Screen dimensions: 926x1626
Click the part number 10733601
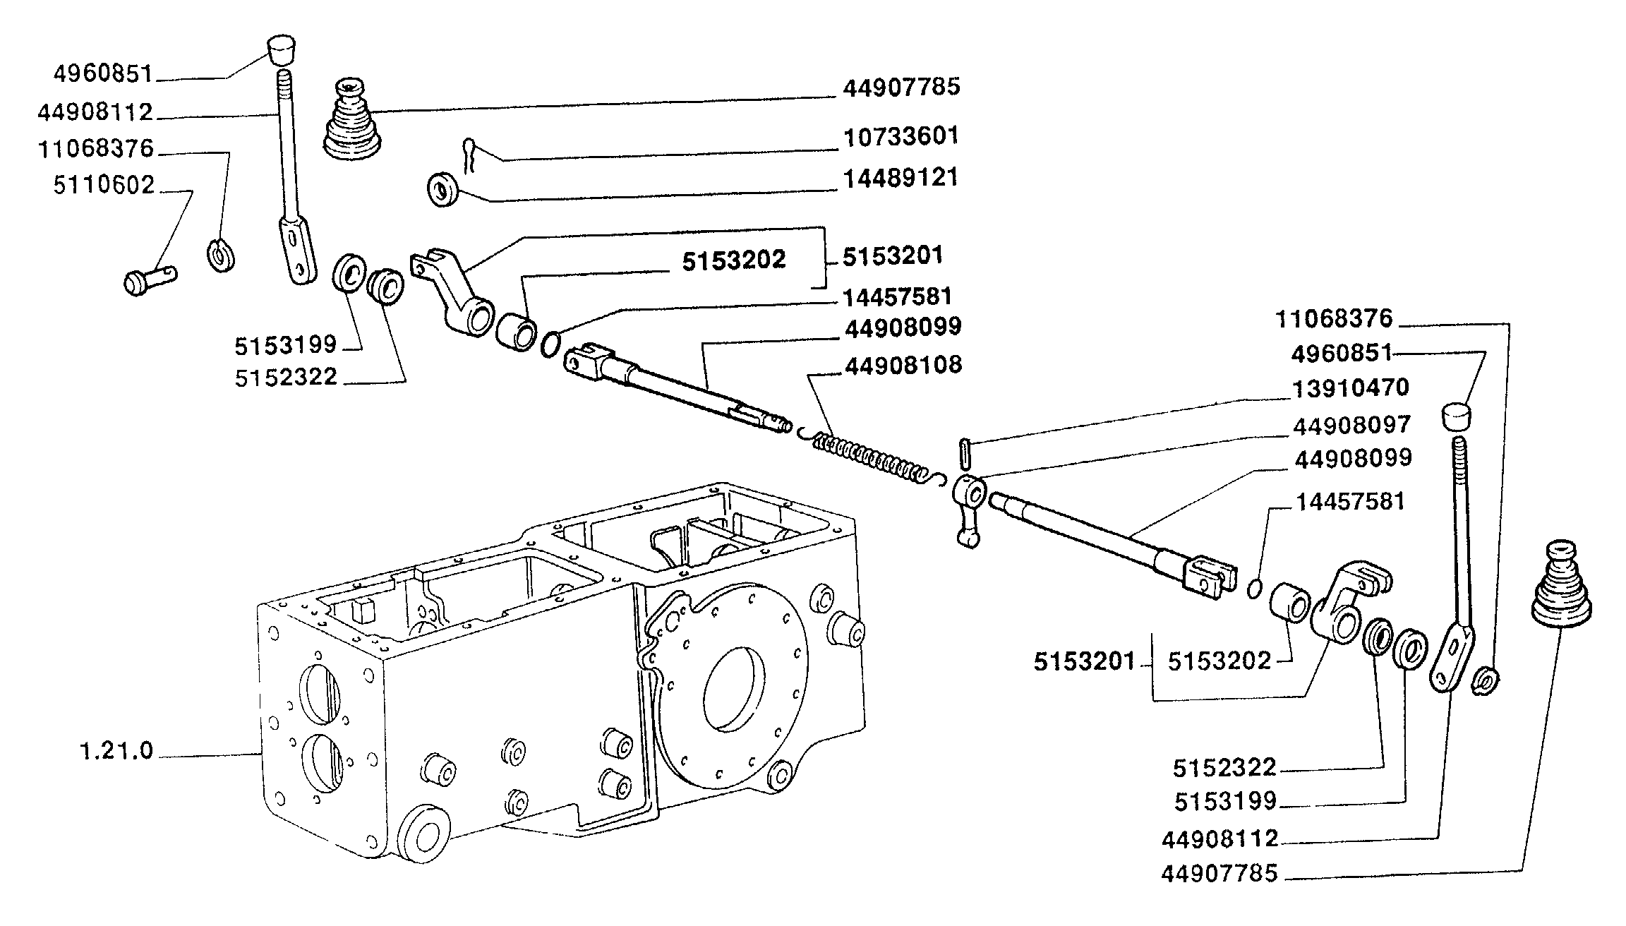coord(901,136)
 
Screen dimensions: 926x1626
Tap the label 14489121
coord(901,178)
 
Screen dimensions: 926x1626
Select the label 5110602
coord(104,185)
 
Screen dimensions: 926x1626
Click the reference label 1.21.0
coord(116,751)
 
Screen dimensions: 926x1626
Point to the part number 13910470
coord(1350,387)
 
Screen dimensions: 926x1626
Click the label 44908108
coord(903,366)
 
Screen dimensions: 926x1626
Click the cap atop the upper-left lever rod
coord(282,51)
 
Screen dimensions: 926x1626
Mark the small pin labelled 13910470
coord(965,452)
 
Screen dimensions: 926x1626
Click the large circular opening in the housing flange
coord(733,688)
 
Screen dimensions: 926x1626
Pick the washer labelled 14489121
coord(442,189)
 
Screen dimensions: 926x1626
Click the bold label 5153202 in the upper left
coord(734,260)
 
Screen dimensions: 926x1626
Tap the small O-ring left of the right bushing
coord(1254,588)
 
